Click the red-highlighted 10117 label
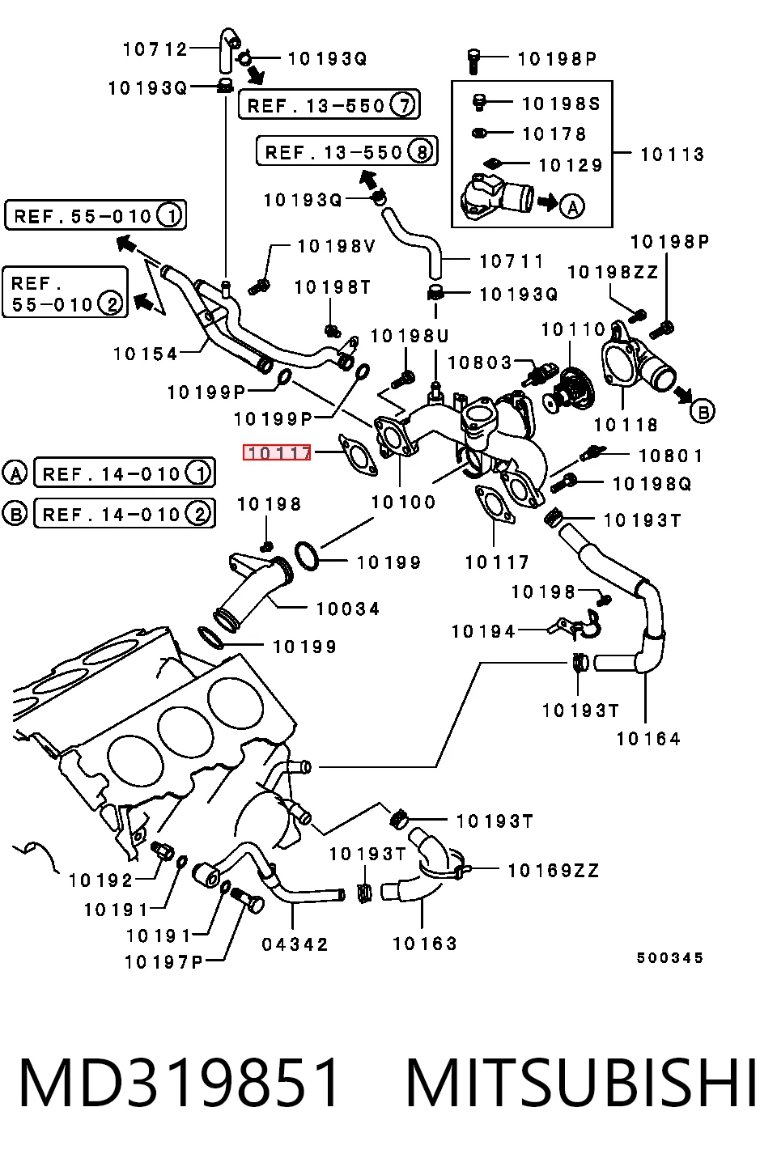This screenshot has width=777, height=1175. pyautogui.click(x=277, y=452)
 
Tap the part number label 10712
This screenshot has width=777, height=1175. pyautogui.click(x=155, y=49)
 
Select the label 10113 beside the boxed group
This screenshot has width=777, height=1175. pyautogui.click(x=672, y=155)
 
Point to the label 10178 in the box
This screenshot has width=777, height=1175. pyautogui.click(x=554, y=134)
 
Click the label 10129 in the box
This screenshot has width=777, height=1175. pyautogui.click(x=571, y=165)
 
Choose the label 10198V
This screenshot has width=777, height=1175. pyautogui.click(x=337, y=246)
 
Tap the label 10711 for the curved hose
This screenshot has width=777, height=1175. pyautogui.click(x=512, y=261)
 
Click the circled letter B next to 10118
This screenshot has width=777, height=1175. pyautogui.click(x=703, y=411)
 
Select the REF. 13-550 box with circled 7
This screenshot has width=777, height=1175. pyautogui.click(x=329, y=104)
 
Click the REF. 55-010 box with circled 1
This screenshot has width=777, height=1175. pyautogui.click(x=96, y=214)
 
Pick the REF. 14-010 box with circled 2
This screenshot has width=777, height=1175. pyautogui.click(x=125, y=513)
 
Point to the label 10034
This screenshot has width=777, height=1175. pyautogui.click(x=348, y=609)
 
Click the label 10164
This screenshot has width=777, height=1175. pyautogui.click(x=648, y=739)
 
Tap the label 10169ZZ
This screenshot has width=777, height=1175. pyautogui.click(x=554, y=871)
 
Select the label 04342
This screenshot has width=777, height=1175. pyautogui.click(x=295, y=944)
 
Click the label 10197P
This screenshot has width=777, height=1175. pyautogui.click(x=163, y=962)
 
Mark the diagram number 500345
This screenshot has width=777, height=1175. pyautogui.click(x=669, y=958)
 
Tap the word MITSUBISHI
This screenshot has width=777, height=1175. pyautogui.click(x=581, y=1083)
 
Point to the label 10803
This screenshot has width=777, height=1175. pyautogui.click(x=479, y=363)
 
